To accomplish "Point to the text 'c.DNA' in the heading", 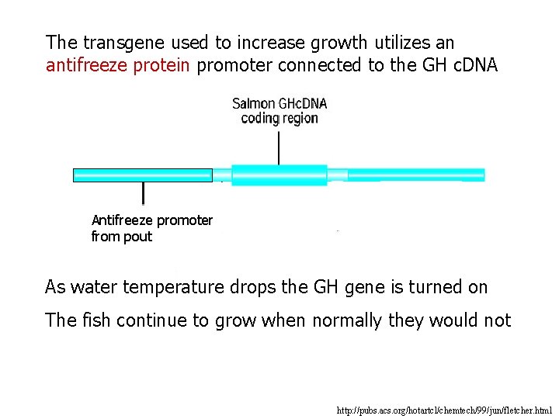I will coord(470,65).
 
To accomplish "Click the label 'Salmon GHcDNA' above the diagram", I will coord(279,103).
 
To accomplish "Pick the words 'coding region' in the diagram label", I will coord(279,118).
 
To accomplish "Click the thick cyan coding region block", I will coord(279,175).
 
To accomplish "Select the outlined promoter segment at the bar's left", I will coord(142,175).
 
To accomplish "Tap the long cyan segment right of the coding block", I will coord(415,175).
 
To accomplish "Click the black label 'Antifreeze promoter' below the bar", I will coord(152,220).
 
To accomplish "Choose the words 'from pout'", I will coord(122,237).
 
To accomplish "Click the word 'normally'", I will coord(347,320).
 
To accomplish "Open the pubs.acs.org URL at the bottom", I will coord(444,409).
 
